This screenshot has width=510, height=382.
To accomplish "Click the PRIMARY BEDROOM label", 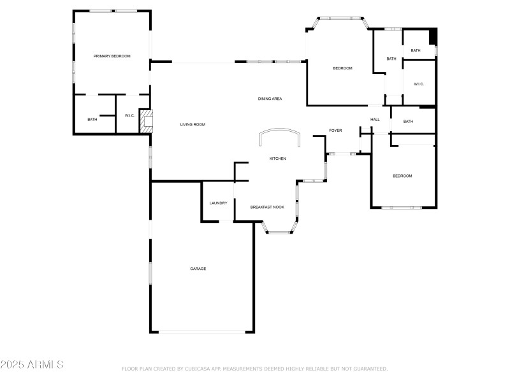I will (x=112, y=56).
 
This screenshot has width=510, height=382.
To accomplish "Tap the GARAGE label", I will (x=198, y=269).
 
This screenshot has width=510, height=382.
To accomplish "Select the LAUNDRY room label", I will (x=219, y=203).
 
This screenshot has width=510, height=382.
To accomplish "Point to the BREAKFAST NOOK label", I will (x=267, y=207).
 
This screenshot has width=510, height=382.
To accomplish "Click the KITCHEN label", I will (x=277, y=159).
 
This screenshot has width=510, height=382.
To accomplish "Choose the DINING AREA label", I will (x=270, y=99).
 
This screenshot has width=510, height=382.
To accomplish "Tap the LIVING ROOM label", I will (x=193, y=125).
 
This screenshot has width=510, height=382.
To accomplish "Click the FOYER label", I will (x=335, y=131).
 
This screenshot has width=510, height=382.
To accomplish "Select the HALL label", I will (x=375, y=119).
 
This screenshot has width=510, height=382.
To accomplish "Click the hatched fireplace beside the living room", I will (x=147, y=122).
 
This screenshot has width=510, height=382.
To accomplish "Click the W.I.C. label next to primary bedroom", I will (x=129, y=115).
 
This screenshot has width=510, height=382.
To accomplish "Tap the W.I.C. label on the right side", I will (x=419, y=84).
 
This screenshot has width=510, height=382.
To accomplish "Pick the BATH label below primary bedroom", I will (x=92, y=119).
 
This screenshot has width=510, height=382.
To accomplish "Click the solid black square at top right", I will (x=433, y=37).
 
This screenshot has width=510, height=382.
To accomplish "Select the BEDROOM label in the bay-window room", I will (x=342, y=68).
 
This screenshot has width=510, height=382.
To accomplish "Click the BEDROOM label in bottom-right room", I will (x=402, y=176).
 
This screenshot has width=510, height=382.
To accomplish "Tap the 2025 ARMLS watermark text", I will (x=32, y=365).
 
